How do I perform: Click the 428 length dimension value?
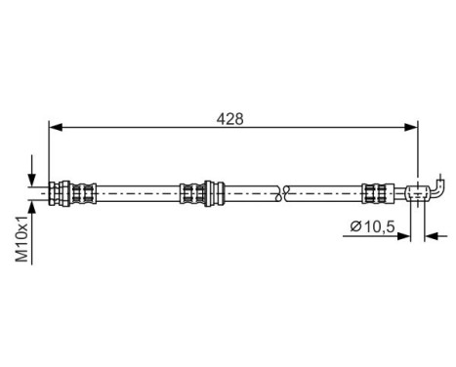[x=230, y=118]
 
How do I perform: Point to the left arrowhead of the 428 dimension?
[x=55, y=127]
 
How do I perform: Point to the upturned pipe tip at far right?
[x=443, y=181]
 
